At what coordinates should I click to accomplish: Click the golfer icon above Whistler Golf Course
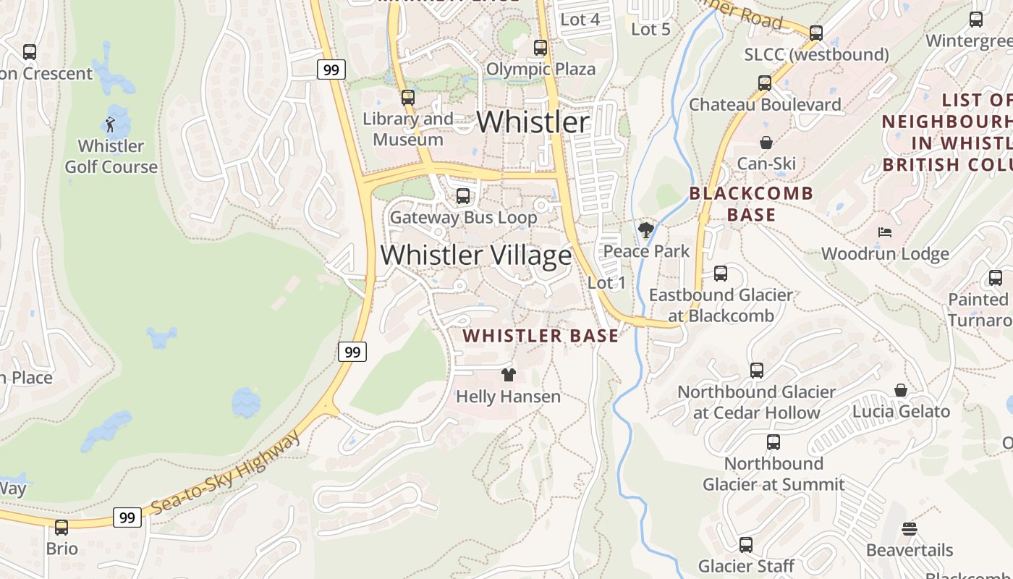coord(110,124)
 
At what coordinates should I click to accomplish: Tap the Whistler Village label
coord(476,255)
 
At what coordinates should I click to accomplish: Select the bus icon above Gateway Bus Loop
coord(463,196)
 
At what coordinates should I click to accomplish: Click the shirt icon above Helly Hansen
coord(509,375)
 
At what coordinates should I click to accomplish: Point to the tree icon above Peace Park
coord(646,230)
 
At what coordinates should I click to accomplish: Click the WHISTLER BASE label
coord(541,336)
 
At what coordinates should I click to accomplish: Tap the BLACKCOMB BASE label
coord(751,204)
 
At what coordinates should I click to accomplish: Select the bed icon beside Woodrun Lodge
coord(884,232)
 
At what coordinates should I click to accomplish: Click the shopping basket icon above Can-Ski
coord(766,143)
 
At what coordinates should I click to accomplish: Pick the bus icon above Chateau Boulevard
coord(765,83)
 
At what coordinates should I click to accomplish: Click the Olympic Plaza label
coord(541,69)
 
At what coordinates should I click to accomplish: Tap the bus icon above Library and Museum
coord(408,98)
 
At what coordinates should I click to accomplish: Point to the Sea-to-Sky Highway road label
coord(226,474)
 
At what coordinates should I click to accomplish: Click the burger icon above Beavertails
coord(910,529)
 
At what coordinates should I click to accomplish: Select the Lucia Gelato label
coord(901,412)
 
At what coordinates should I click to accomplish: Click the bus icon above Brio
coord(62,528)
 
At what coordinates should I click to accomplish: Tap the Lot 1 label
coord(606,283)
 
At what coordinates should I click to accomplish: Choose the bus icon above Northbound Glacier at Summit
coord(773,442)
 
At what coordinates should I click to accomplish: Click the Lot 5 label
coord(650,30)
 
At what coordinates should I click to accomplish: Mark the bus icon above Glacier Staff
coord(746,545)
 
